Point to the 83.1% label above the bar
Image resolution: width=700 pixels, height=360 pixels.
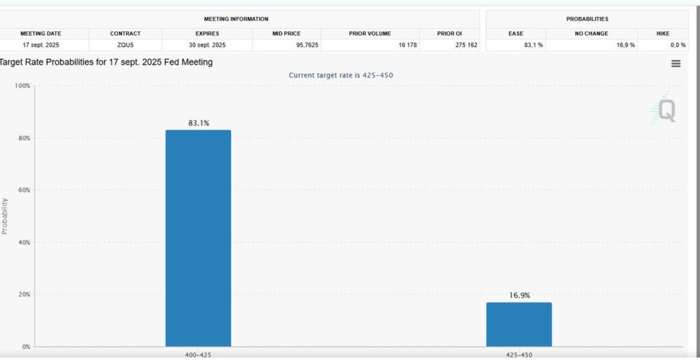point(198,123)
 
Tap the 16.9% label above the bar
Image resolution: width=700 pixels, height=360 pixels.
point(519,296)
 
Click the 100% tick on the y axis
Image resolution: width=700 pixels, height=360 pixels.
point(23,86)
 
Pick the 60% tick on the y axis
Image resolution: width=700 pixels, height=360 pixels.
point(24,190)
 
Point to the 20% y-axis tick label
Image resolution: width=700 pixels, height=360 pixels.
point(24,294)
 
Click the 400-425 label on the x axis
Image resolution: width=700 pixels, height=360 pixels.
point(198,355)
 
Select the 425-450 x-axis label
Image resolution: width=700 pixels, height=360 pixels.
point(519,355)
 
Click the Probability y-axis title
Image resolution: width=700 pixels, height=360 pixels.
point(5,216)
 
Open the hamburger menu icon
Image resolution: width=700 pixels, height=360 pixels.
point(675,64)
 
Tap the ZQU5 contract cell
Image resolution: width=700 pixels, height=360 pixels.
point(125,44)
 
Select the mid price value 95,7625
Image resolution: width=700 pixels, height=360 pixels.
point(286,44)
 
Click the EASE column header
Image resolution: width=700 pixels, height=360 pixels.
point(515,33)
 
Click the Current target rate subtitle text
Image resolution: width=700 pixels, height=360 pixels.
point(340,75)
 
